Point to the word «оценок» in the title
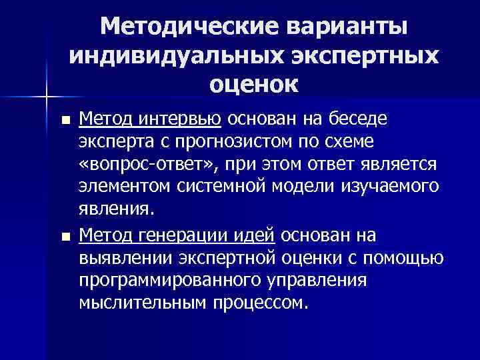click(253, 85)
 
